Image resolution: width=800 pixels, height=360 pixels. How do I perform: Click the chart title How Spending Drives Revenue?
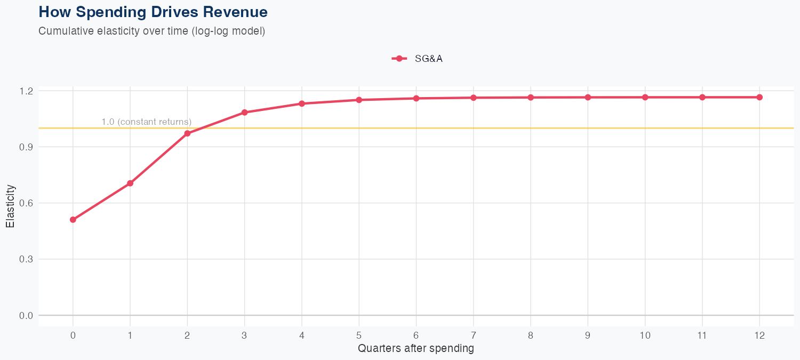click(x=153, y=12)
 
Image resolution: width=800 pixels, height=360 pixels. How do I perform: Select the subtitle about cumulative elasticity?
click(x=151, y=31)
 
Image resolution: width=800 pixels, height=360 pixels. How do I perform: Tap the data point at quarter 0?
click(x=73, y=220)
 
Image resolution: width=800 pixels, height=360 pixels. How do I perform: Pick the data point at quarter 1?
click(x=130, y=183)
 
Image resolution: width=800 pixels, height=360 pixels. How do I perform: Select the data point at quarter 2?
click(x=187, y=133)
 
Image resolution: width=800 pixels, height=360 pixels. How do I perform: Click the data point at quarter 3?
click(x=244, y=113)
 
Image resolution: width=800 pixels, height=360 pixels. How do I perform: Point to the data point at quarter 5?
click(x=359, y=100)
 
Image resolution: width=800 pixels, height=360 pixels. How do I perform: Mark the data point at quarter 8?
click(x=531, y=98)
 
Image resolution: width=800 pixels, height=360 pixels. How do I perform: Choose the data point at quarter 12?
click(x=759, y=97)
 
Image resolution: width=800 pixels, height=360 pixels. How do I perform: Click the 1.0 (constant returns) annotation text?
click(x=146, y=122)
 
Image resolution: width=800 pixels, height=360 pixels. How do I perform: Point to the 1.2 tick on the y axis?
click(x=26, y=91)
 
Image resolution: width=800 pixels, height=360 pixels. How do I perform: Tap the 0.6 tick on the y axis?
click(x=26, y=203)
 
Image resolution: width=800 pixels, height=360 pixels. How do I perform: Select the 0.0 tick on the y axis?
click(x=26, y=316)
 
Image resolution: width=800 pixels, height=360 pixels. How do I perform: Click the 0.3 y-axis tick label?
click(x=26, y=259)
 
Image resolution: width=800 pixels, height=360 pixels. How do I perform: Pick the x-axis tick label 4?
click(x=302, y=335)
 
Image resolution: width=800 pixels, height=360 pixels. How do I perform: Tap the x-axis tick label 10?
click(x=645, y=335)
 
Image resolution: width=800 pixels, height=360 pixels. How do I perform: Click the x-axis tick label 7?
click(x=474, y=335)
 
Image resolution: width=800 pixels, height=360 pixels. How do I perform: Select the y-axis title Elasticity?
click(x=10, y=206)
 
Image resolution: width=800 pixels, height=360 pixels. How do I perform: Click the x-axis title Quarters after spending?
click(x=416, y=349)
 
